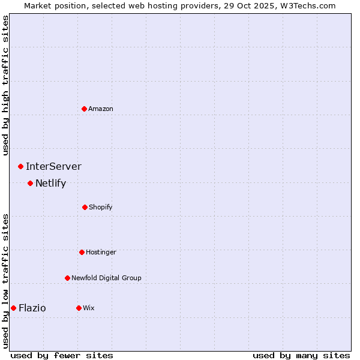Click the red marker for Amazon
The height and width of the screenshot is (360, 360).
[x=84, y=109]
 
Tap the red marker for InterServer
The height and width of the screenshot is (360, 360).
[x=20, y=166]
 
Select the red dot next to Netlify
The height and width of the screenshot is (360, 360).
[x=30, y=183]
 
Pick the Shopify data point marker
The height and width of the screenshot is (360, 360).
[x=85, y=207]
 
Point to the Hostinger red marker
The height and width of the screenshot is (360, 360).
[x=82, y=252]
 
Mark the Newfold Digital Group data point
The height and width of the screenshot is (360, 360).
[x=67, y=278]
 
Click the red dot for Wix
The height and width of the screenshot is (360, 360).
[x=79, y=308]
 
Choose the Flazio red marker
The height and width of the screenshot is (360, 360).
[x=13, y=308]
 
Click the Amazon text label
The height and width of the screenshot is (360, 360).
[x=101, y=109]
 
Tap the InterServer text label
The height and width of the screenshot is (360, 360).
[x=53, y=166]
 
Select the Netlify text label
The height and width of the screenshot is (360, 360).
[x=50, y=183]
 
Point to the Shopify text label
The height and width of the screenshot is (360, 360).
[x=101, y=207]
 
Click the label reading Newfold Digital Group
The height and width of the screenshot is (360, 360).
[x=106, y=278]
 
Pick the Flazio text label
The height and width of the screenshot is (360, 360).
[x=32, y=308]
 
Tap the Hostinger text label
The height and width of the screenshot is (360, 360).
[x=101, y=252]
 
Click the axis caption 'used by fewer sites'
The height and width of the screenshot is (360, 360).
[x=62, y=355]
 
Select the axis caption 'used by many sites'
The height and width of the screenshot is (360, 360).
[x=301, y=355]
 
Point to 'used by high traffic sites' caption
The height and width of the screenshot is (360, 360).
[x=5, y=85]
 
